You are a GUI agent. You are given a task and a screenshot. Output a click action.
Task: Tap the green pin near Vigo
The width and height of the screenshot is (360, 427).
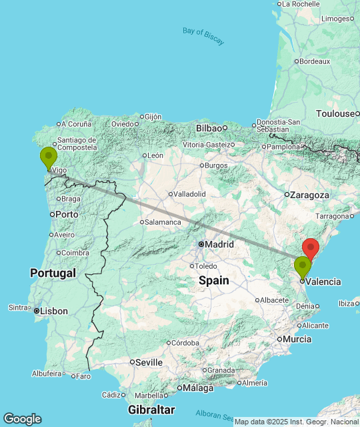pos(49,158)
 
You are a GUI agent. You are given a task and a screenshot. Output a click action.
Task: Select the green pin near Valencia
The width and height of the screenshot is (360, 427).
pos(303,267)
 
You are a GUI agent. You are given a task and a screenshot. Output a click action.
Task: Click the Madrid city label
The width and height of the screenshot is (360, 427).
pos(219,244)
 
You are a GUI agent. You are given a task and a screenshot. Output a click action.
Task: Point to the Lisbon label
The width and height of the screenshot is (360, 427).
pos(54,311)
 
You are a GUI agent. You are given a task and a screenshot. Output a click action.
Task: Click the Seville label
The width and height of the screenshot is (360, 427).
pos(149,362)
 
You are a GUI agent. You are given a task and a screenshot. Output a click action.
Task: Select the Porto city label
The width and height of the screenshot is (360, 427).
pos(67,214)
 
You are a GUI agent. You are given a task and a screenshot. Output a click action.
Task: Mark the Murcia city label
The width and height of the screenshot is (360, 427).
pos(297,339)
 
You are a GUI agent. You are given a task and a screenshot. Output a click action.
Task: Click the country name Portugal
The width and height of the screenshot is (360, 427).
pos(53,273)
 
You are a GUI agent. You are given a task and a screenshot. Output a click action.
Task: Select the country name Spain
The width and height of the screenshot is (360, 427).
pos(214,281)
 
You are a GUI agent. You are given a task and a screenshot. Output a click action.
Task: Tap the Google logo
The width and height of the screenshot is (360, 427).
pos(22,419)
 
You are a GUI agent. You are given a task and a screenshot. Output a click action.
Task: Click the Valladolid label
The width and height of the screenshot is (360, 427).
pos(189,193)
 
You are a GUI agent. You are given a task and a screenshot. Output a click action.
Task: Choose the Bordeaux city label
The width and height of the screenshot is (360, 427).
pos(315,61)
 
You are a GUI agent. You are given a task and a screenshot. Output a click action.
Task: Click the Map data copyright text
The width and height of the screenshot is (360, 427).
pos(296,421)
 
